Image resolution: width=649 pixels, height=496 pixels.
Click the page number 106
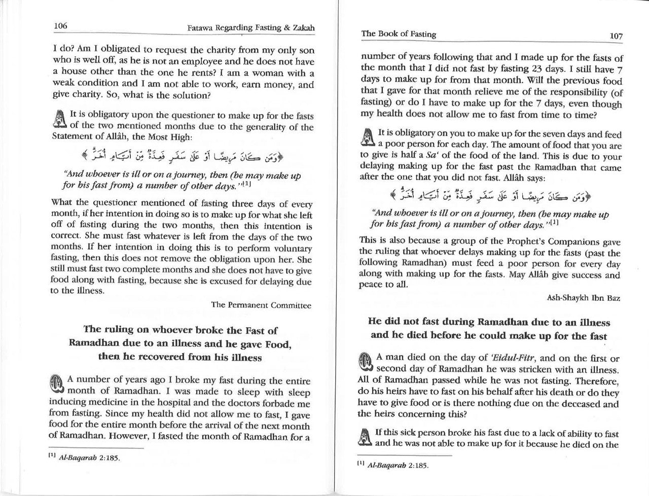(60, 26)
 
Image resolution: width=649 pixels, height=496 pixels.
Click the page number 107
(616, 36)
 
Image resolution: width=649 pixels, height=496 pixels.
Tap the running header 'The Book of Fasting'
(398, 34)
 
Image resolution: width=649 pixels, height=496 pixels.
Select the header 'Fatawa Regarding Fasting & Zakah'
(251, 28)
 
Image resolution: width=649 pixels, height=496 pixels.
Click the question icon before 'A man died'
(367, 363)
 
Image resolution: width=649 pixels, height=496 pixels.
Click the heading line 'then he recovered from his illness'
(180, 357)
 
